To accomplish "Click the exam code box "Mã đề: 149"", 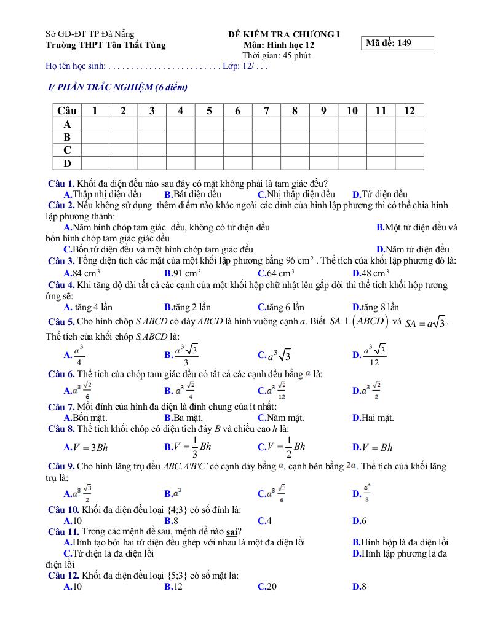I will tap(398, 43).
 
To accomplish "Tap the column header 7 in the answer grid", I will tap(266, 111).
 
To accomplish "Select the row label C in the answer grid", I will tap(67, 150).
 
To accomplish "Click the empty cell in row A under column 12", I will tap(410, 123).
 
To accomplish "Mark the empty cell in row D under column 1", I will tap(95, 163).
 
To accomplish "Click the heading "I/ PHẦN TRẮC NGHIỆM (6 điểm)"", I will tap(117, 88).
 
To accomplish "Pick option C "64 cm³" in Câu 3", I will tap(276, 273).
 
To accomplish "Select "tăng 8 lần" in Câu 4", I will tap(376, 307).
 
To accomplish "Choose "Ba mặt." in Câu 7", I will tap(186, 418).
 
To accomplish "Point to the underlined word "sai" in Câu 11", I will tap(232, 531).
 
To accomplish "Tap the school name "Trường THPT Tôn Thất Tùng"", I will tap(106, 45).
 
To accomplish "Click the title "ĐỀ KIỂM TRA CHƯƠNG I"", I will tap(279, 34).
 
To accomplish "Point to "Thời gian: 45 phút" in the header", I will tap(276, 55).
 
